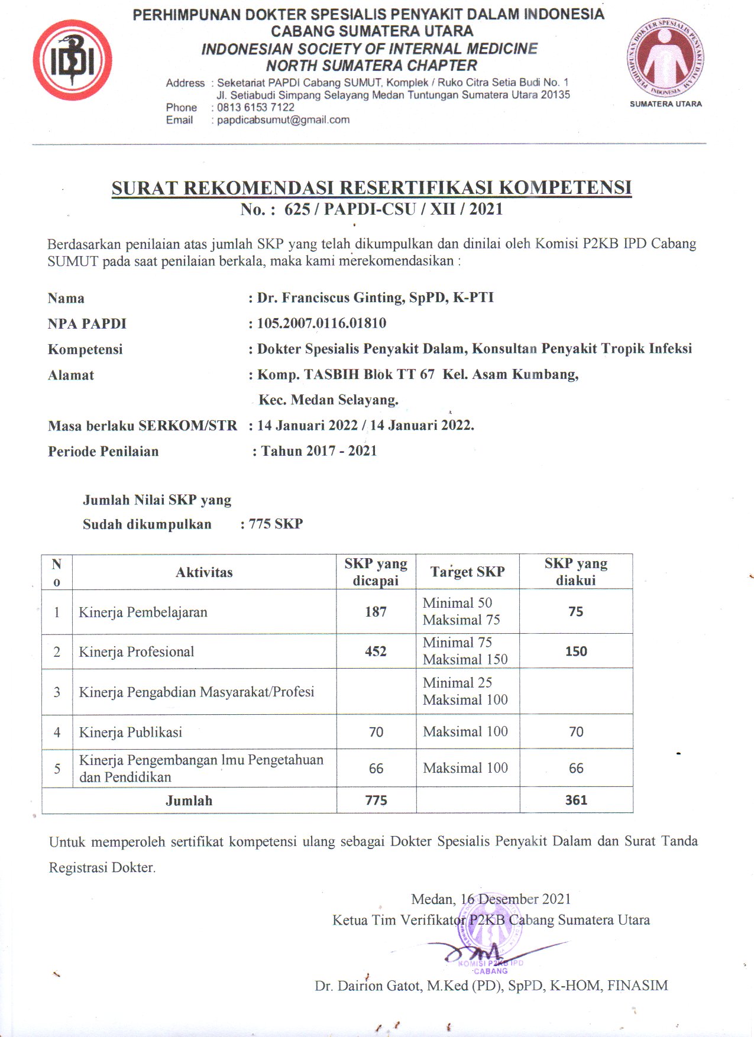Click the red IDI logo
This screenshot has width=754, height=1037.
(72, 60)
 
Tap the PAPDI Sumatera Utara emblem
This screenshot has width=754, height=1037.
(665, 59)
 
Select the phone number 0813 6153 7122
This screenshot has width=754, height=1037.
(255, 108)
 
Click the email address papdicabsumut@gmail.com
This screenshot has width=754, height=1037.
(283, 120)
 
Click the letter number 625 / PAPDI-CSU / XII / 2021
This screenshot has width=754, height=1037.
(393, 209)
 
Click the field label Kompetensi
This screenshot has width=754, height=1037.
(85, 349)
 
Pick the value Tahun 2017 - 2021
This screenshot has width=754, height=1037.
(319, 451)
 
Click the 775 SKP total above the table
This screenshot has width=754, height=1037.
(276, 524)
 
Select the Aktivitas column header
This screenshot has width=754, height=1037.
(204, 572)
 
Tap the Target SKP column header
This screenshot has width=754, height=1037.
(467, 572)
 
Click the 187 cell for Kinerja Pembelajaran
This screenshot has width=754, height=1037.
(376, 612)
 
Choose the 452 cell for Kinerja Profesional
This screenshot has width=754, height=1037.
(376, 652)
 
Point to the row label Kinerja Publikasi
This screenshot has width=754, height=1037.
(131, 733)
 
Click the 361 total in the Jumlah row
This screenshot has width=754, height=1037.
(576, 801)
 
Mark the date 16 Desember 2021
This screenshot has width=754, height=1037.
(516, 899)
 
